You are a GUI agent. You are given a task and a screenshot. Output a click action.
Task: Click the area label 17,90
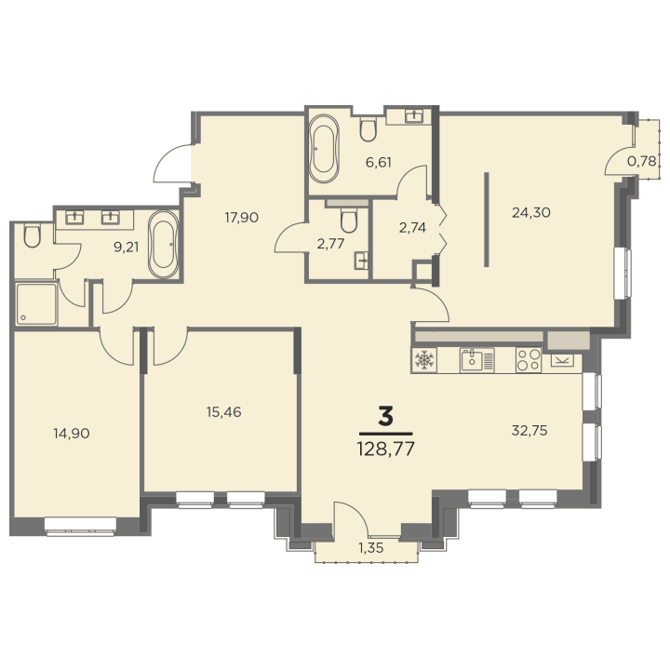[x=242, y=218]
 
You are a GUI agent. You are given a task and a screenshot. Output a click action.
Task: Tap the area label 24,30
[x=531, y=212]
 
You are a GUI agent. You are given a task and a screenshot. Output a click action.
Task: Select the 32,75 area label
[x=529, y=430]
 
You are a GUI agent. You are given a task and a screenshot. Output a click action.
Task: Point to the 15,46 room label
[x=224, y=412]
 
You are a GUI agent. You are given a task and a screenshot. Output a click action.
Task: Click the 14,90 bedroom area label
[x=72, y=434]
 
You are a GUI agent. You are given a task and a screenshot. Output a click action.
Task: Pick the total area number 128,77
[x=386, y=449]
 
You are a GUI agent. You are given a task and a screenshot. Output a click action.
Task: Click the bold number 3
[x=385, y=417]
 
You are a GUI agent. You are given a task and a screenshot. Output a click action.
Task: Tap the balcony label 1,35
[x=371, y=548]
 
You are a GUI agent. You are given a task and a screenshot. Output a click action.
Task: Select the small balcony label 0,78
[x=641, y=162]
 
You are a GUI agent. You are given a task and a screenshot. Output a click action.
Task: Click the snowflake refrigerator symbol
[x=424, y=360]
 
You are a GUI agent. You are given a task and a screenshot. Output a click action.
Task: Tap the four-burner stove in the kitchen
[x=529, y=360]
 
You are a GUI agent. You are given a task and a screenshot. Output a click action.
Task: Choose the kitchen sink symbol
[x=476, y=360]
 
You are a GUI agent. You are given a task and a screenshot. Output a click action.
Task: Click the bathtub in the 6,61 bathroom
[x=324, y=148]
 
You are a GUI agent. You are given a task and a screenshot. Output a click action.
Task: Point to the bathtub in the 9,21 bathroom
[x=163, y=245]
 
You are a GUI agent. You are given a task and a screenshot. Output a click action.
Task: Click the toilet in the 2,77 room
[x=349, y=220]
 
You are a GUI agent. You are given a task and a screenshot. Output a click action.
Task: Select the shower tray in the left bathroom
[x=36, y=303]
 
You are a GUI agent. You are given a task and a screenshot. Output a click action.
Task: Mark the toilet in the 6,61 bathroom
[x=368, y=128]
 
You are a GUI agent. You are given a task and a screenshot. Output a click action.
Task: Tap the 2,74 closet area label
[x=412, y=228]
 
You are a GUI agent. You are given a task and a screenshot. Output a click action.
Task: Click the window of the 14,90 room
[x=80, y=526]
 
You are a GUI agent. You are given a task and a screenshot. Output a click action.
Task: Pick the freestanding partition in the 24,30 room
[x=487, y=220]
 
